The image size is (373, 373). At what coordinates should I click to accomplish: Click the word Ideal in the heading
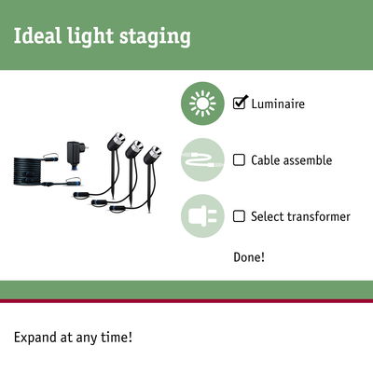coord(35,37)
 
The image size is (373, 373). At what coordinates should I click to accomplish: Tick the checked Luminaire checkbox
coord(239,104)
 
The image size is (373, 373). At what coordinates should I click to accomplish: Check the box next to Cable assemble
coord(239,160)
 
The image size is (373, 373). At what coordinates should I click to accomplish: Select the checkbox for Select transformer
coord(239,216)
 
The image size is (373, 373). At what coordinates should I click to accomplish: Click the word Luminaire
coord(278,104)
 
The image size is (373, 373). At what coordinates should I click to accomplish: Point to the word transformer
coord(316,216)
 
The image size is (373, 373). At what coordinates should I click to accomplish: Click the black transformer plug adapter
coord(74,150)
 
